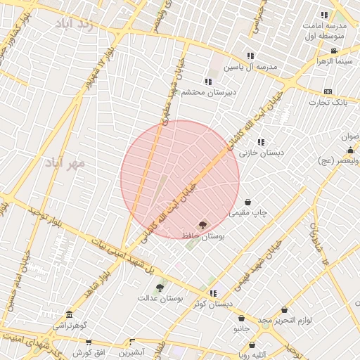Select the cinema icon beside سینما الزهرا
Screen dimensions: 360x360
334,51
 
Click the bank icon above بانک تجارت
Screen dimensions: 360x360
328,92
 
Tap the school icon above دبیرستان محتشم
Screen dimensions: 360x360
207,82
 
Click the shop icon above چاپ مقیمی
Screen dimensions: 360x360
247,202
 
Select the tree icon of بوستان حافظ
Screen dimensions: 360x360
203,226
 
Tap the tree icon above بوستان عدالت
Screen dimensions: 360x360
160,287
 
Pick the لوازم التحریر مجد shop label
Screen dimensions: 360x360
284,321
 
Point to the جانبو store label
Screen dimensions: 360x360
241,328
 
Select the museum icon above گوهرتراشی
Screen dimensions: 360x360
69,315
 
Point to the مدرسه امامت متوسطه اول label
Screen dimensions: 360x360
323,29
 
